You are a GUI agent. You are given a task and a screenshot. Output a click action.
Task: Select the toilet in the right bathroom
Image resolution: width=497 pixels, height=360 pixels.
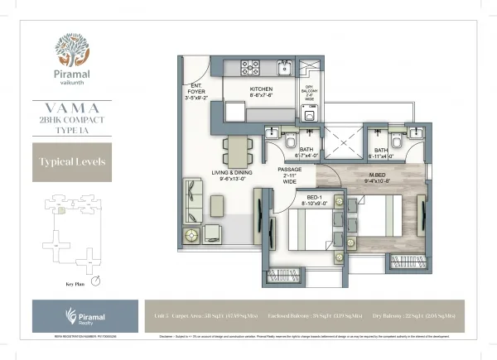(396, 141)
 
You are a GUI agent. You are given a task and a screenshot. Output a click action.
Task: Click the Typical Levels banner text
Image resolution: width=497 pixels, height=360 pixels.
(70, 161)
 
